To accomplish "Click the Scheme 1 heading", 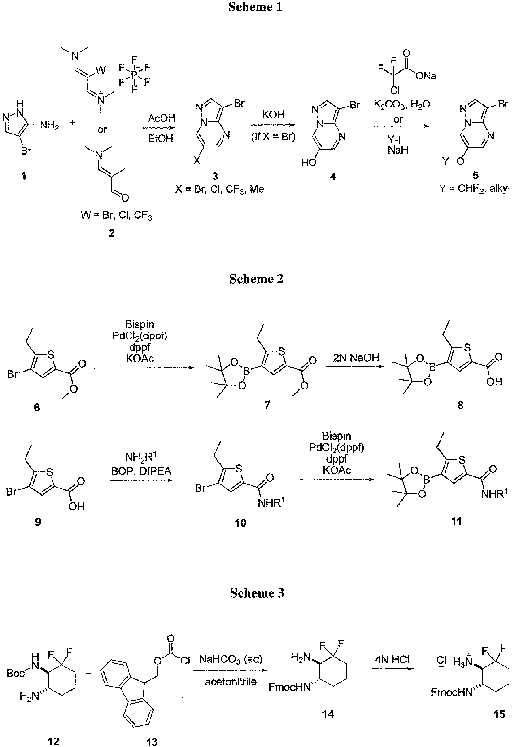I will [255, 7].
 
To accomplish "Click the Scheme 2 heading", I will [256, 279].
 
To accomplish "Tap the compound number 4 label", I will [333, 176].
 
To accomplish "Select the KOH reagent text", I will [273, 115].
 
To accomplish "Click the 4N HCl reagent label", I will [392, 660].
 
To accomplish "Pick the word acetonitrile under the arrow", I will [231, 681].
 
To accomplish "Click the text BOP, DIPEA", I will [141, 471].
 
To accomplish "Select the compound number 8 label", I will [460, 405].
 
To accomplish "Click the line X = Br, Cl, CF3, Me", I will [220, 189].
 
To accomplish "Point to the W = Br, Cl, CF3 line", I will [116, 215].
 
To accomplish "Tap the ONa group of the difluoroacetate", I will [426, 76].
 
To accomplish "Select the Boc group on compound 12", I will [15, 673].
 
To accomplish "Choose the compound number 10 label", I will [240, 523].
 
